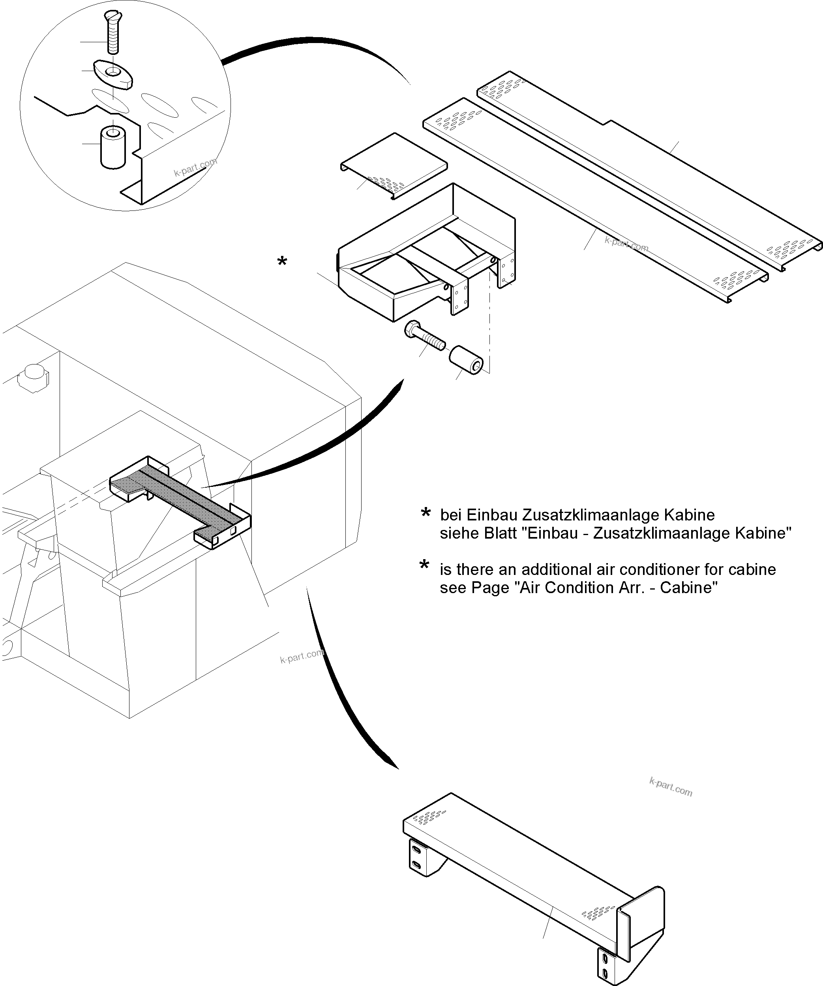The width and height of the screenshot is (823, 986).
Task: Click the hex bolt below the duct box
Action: pos(424,335)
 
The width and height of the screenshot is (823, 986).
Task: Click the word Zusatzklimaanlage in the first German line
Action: pos(575,515)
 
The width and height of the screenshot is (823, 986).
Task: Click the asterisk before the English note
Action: pos(424,566)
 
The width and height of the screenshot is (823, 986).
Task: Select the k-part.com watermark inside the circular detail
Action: pos(195,167)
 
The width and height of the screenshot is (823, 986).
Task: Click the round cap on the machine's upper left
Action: pos(33,374)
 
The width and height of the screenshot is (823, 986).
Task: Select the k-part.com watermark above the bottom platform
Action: pos(671,787)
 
